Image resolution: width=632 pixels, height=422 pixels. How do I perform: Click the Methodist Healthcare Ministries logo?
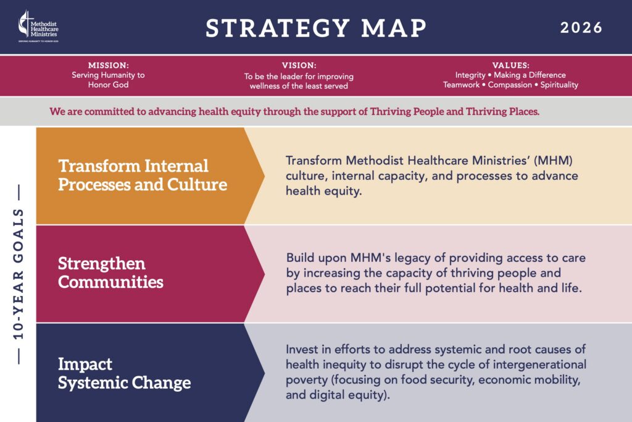[39, 26]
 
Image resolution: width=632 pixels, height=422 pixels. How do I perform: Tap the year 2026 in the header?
[581, 28]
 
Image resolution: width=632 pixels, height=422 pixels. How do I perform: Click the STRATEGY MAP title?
[316, 28]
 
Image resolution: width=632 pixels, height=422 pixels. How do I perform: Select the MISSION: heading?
[109, 65]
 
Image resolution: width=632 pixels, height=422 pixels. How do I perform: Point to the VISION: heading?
[299, 65]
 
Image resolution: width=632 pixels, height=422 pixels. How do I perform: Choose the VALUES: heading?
[510, 65]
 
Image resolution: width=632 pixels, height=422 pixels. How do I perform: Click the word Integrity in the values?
[470, 75]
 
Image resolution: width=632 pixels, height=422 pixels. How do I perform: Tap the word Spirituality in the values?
[559, 85]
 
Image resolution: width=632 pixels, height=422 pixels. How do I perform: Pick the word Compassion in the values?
[510, 85]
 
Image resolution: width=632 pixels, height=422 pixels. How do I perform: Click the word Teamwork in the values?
[461, 85]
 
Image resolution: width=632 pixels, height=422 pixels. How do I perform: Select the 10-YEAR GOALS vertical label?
[19, 274]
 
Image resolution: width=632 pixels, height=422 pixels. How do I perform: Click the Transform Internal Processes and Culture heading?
[143, 175]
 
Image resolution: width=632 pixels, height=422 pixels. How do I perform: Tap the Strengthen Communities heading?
[110, 272]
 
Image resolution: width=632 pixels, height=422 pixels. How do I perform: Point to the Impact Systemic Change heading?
[124, 373]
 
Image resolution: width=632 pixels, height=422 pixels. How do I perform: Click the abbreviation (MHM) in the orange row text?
[553, 161]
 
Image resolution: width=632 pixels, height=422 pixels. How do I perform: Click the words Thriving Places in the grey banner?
[502, 112]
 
